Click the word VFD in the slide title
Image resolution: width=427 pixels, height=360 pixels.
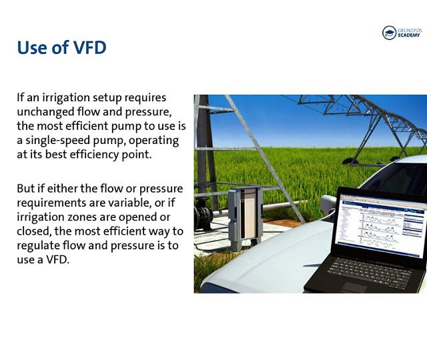point(90,47)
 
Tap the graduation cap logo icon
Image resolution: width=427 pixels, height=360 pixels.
point(389,33)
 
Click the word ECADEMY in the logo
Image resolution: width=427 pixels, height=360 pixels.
point(409,35)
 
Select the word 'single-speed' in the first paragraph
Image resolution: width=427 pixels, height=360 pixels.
point(58,141)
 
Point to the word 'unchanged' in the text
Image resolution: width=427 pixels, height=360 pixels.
point(45,111)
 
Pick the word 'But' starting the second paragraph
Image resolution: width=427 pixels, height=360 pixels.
point(24,188)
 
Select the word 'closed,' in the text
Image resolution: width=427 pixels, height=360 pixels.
point(34,231)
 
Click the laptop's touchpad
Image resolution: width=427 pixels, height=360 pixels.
point(354,287)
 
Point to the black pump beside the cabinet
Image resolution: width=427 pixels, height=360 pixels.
point(203,215)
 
